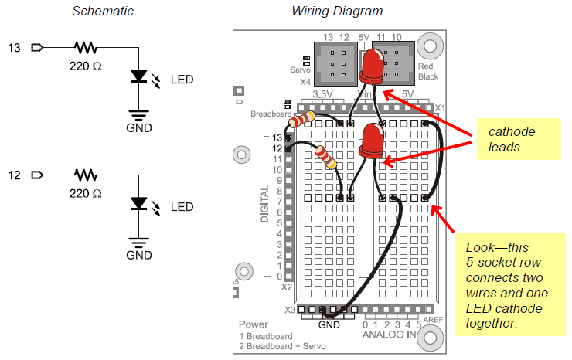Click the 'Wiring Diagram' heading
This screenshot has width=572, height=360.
[337, 12]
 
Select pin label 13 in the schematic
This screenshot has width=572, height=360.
[14, 49]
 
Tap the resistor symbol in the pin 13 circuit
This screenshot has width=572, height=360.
[86, 49]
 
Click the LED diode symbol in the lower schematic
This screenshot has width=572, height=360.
[139, 204]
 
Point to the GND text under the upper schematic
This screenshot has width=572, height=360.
[139, 128]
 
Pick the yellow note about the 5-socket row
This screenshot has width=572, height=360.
[509, 285]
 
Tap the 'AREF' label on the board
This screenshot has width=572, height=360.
[431, 318]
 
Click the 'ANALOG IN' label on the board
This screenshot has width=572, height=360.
[390, 335]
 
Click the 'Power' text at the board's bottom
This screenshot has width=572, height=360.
[254, 324]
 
